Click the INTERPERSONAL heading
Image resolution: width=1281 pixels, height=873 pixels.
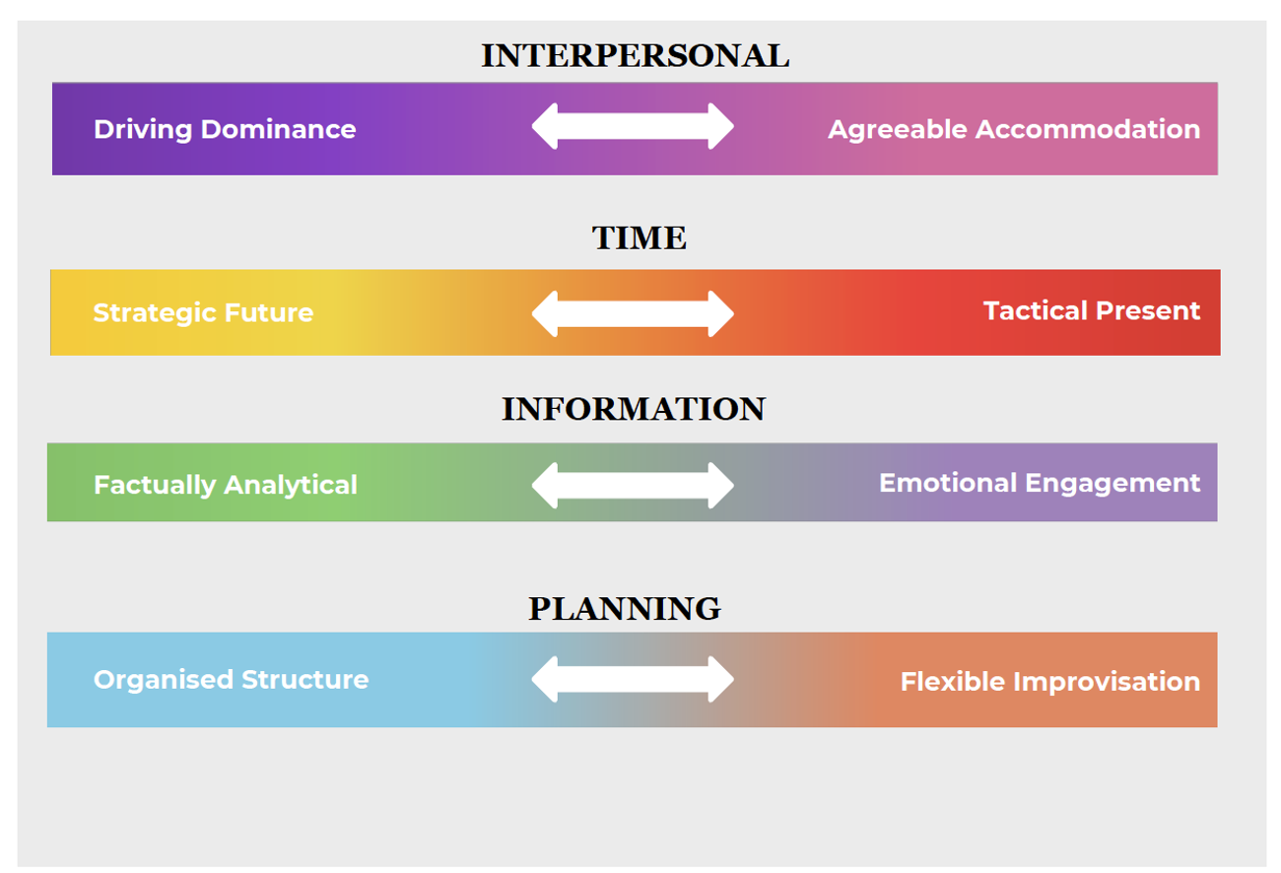pyautogui.click(x=636, y=56)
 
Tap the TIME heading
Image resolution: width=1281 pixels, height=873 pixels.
pyautogui.click(x=639, y=237)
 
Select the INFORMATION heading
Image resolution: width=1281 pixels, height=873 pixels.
pyautogui.click(x=634, y=409)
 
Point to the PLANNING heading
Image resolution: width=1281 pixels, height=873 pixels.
pyautogui.click(x=625, y=608)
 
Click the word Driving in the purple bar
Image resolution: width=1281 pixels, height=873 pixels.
pyautogui.click(x=143, y=130)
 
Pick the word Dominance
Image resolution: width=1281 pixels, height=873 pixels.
pyautogui.click(x=279, y=129)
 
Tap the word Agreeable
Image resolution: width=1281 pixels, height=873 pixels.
pyautogui.click(x=898, y=130)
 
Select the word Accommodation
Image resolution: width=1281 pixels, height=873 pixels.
pyautogui.click(x=1088, y=129)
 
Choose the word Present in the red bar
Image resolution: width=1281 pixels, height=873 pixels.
pyautogui.click(x=1148, y=311)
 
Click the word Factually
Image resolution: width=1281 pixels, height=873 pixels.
pyautogui.click(x=155, y=486)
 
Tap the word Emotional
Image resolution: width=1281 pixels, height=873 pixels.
pyautogui.click(x=948, y=483)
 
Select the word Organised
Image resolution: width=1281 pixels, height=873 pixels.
pyautogui.click(x=164, y=680)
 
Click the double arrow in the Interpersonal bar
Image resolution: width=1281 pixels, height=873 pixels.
pyautogui.click(x=633, y=126)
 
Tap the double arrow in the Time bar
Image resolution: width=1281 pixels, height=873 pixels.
pyautogui.click(x=633, y=314)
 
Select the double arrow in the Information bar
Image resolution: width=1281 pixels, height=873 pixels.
pyautogui.click(x=633, y=486)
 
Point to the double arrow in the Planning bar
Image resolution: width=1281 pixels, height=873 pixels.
pyautogui.click(x=633, y=679)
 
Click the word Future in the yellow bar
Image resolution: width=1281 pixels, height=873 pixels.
pyautogui.click(x=269, y=313)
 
